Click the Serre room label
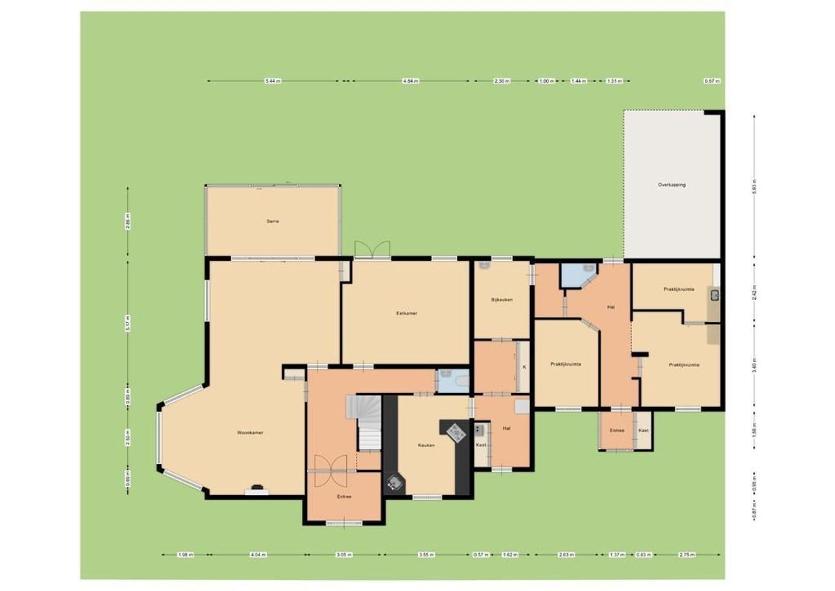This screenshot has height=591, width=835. [273, 221]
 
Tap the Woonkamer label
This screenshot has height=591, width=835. [250, 432]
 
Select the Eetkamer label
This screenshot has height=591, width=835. [407, 313]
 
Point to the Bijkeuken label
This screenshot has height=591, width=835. [501, 300]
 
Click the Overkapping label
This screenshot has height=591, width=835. [672, 185]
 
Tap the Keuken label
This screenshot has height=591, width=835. [426, 445]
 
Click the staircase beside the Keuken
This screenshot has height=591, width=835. [368, 423]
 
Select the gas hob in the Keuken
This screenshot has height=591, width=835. [454, 431]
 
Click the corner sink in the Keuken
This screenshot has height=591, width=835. [396, 483]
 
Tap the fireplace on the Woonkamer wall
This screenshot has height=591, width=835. [258, 488]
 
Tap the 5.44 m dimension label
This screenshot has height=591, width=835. [272, 81]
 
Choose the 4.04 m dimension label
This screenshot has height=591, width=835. [256, 555]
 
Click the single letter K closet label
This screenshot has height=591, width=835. [524, 366]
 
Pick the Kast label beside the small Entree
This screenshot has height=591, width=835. [643, 431]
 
